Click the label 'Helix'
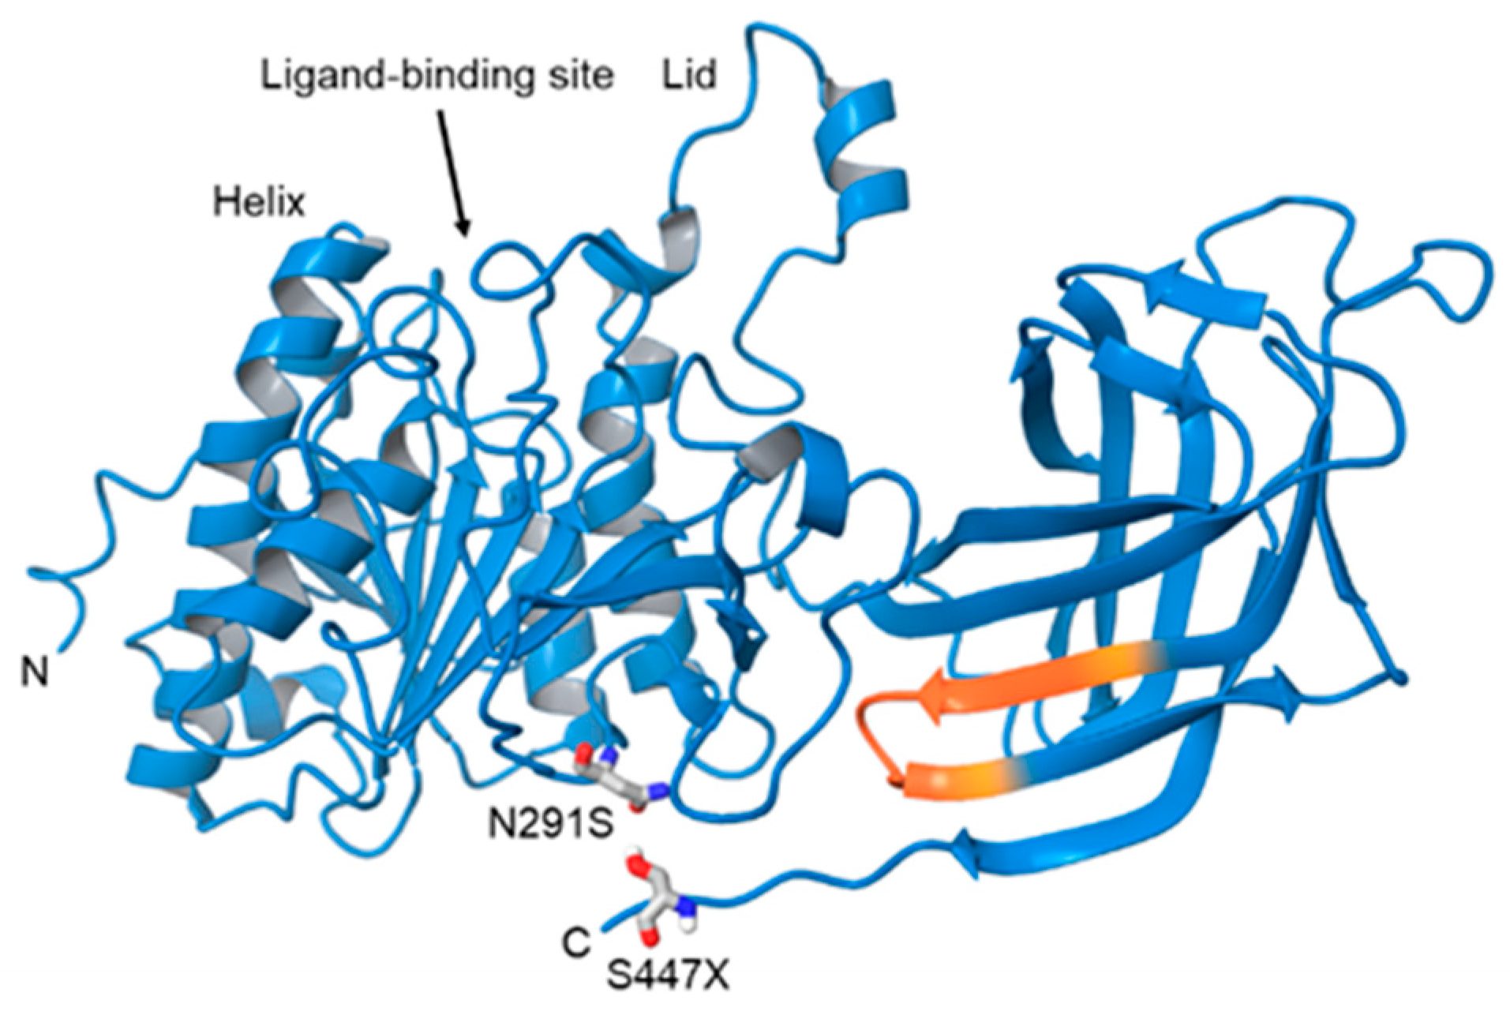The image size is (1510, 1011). (258, 203)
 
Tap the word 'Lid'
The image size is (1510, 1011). (689, 75)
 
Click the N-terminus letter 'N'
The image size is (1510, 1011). (34, 672)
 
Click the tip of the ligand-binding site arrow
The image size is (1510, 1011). (466, 234)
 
